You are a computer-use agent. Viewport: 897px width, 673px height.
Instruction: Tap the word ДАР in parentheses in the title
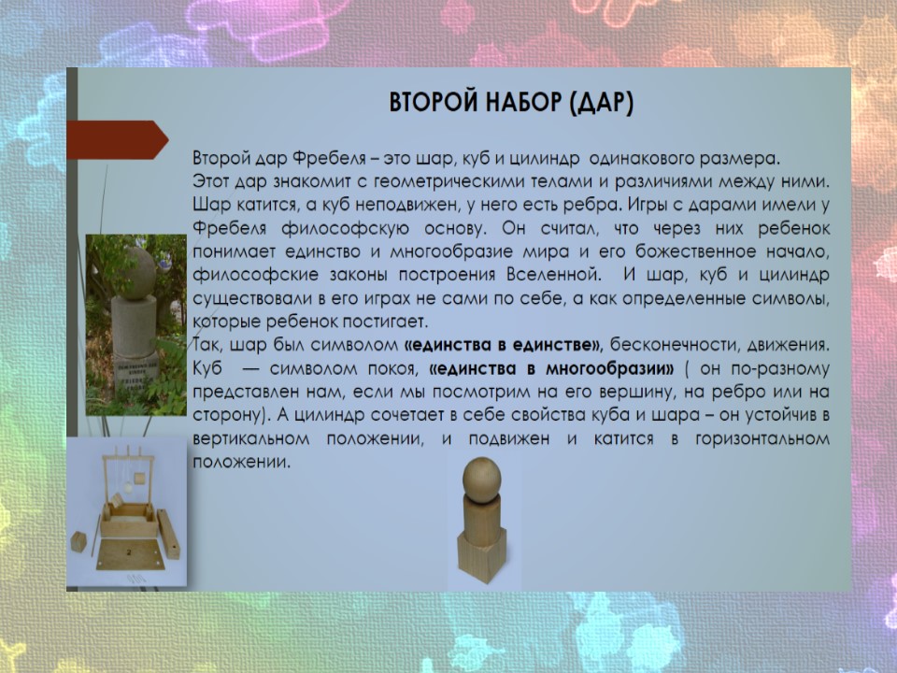[x=601, y=103]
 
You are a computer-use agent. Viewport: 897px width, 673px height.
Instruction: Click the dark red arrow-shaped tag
[x=118, y=139]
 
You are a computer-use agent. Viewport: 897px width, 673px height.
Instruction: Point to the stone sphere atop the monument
[x=137, y=273]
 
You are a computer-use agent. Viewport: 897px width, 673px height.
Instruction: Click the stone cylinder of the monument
[x=134, y=326]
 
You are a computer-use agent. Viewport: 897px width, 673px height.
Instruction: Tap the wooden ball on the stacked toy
[x=482, y=479]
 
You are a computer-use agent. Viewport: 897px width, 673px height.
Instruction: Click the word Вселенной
[x=554, y=275]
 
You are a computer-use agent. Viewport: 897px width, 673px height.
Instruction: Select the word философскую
[x=345, y=229]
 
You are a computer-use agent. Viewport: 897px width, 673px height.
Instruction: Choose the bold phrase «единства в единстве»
[x=503, y=345]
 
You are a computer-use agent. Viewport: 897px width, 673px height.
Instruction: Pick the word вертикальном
[x=251, y=439]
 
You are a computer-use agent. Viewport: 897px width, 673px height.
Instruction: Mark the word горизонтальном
[x=762, y=439]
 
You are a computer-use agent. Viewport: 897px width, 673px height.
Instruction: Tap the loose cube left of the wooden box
[x=78, y=541]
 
